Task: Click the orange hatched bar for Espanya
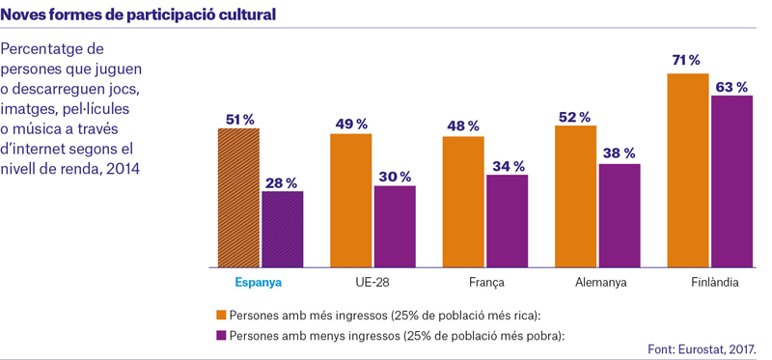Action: coord(238,198)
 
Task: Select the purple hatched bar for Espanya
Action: coord(283,230)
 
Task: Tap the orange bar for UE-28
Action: coord(351,201)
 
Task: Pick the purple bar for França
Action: coord(508,221)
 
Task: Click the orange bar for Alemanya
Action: coord(575,197)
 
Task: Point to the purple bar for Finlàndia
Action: coord(731,181)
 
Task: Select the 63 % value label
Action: coord(731,88)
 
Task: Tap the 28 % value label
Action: coord(282,183)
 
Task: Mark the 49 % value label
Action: coord(351,125)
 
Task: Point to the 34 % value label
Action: coord(509,166)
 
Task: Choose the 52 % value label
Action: coord(574,117)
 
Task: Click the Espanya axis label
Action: coord(259,283)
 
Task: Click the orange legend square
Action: coord(221,315)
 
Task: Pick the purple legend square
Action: coord(221,335)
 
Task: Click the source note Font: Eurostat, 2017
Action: coord(702,349)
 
